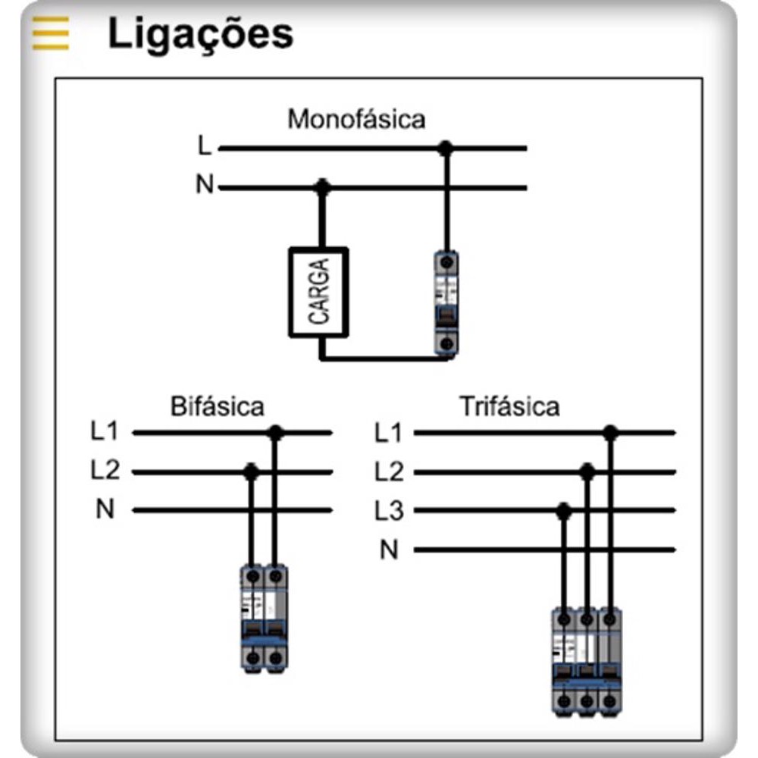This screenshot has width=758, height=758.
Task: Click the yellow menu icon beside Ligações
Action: pyautogui.click(x=50, y=34)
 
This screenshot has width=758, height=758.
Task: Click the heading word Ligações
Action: pyautogui.click(x=200, y=34)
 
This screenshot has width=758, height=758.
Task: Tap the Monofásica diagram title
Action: pyautogui.click(x=356, y=119)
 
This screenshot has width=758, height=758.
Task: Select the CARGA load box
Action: pyautogui.click(x=319, y=291)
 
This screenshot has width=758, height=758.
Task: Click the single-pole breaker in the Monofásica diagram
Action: pyautogui.click(x=446, y=302)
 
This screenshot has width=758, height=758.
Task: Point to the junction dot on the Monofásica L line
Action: pyautogui.click(x=446, y=149)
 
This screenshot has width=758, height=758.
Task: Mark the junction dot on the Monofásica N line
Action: pyautogui.click(x=323, y=186)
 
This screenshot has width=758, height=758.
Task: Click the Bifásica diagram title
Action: pyautogui.click(x=218, y=407)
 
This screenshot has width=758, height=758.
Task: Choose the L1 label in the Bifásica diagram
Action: pyautogui.click(x=105, y=433)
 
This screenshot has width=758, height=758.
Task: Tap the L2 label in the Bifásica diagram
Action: pyautogui.click(x=105, y=471)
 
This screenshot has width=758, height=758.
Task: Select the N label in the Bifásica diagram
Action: pyautogui.click(x=105, y=509)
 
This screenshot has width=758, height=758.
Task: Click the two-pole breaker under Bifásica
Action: pyautogui.click(x=264, y=618)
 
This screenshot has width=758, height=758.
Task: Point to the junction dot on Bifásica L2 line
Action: pyautogui.click(x=252, y=471)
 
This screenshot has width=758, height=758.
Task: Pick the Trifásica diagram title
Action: pyautogui.click(x=510, y=407)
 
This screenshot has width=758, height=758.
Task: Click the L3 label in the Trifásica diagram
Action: pyautogui.click(x=389, y=511)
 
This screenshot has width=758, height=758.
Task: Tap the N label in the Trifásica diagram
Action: pyautogui.click(x=389, y=550)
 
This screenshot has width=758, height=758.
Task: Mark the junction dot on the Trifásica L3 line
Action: pyautogui.click(x=563, y=511)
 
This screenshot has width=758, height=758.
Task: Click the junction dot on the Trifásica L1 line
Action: pyautogui.click(x=610, y=433)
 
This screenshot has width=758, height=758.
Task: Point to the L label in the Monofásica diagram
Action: pyautogui.click(x=204, y=147)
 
